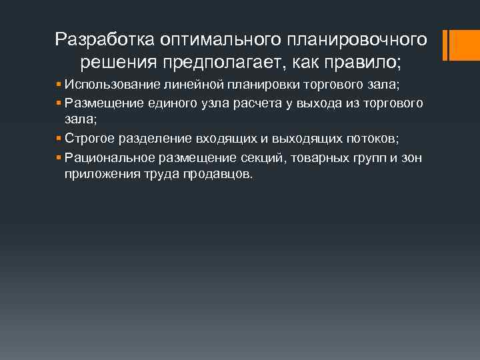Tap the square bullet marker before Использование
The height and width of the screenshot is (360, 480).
pos(59,85)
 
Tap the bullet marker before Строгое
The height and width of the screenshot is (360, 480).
pos(59,139)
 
